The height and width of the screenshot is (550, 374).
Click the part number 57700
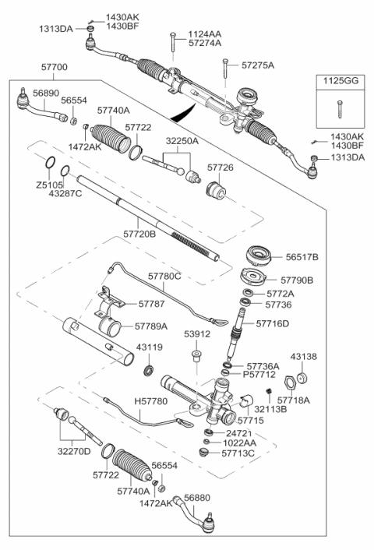point(55,67)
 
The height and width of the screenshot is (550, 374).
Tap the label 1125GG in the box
point(340,81)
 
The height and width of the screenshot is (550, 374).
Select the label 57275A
point(258,65)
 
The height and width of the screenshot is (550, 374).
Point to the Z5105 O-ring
point(50,162)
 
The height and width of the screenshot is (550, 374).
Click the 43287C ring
point(65,171)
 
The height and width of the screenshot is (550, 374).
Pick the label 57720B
point(139,234)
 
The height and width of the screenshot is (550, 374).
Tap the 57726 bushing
point(215,190)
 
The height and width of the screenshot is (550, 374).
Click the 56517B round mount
point(259,257)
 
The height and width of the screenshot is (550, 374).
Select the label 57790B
point(297,280)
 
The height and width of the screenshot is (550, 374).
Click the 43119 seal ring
point(149,370)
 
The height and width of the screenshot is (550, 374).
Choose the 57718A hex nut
point(290,383)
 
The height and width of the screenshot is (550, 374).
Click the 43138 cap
point(302,379)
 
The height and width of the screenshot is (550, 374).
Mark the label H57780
point(151,401)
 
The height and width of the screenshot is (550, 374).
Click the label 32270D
point(74,451)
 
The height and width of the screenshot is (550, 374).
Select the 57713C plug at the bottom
point(204,452)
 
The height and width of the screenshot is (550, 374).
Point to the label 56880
point(197,497)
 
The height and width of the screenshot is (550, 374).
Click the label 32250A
point(182,141)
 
